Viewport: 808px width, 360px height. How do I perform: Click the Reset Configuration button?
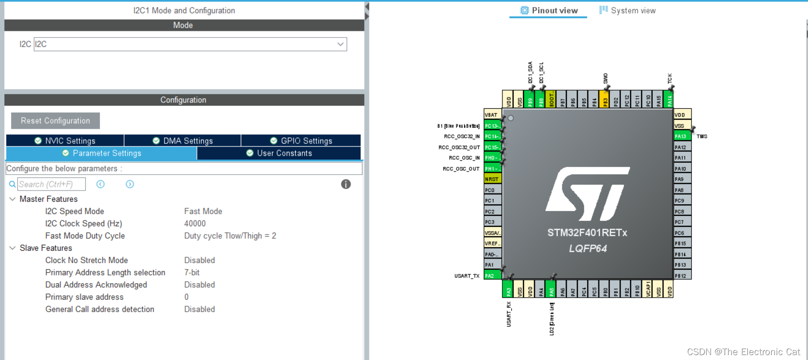(x=55, y=121)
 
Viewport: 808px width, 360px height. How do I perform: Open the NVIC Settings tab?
(x=65, y=141)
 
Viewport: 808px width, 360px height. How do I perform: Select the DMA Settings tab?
(x=183, y=141)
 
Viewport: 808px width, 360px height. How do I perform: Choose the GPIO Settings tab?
(x=301, y=141)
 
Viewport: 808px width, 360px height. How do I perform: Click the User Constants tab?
(x=279, y=153)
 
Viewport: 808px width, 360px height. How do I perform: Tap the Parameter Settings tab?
(x=102, y=153)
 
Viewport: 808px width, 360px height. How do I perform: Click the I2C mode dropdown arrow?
(x=340, y=44)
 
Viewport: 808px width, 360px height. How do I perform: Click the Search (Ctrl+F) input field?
(x=51, y=184)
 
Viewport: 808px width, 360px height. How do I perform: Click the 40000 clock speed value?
(x=195, y=223)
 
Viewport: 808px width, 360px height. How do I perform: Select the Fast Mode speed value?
(x=203, y=211)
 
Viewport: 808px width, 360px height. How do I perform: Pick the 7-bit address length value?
(x=192, y=272)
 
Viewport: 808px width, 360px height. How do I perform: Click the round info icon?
(x=346, y=184)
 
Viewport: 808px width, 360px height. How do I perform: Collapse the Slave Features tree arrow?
(x=12, y=248)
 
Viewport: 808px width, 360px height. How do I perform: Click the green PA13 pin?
(x=682, y=136)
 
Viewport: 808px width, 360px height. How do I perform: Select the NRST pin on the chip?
(x=492, y=179)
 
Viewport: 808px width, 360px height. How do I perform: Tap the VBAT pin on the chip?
(x=492, y=115)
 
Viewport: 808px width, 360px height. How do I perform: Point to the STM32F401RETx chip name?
(x=587, y=233)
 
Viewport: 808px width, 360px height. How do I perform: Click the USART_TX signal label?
(x=467, y=276)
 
